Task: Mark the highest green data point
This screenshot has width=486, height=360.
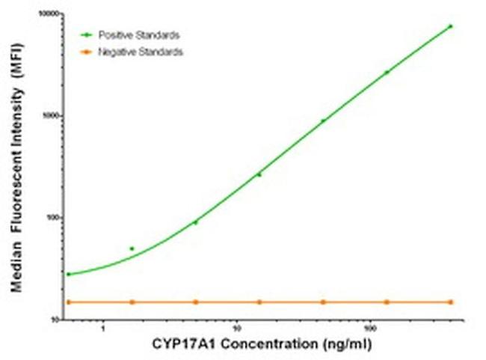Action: click(450, 26)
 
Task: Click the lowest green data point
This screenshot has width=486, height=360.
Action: click(68, 274)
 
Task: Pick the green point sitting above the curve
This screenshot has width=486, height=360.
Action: click(132, 248)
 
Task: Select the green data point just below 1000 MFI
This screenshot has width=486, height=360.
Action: click(323, 120)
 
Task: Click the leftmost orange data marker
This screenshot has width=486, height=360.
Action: click(68, 302)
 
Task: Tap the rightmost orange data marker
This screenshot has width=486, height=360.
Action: click(450, 302)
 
